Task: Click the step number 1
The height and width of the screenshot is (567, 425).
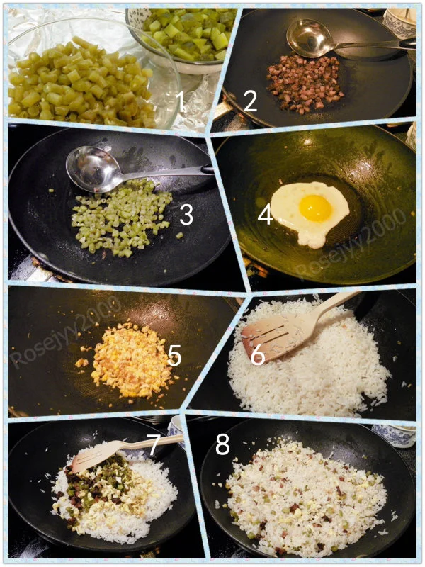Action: coord(181,101)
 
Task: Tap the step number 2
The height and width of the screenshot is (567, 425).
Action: coord(250,101)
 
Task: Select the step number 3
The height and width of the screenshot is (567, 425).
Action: coord(186,215)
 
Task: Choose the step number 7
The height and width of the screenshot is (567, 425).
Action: coord(153,444)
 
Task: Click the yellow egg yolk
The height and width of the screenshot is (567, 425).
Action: coord(315,208)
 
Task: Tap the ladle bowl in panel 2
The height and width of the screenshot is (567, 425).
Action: coord(310,38)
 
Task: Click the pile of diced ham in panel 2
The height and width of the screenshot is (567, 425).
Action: coord(305,84)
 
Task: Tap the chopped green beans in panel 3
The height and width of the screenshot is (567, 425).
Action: coord(121,217)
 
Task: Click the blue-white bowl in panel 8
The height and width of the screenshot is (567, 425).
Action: coord(395,435)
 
